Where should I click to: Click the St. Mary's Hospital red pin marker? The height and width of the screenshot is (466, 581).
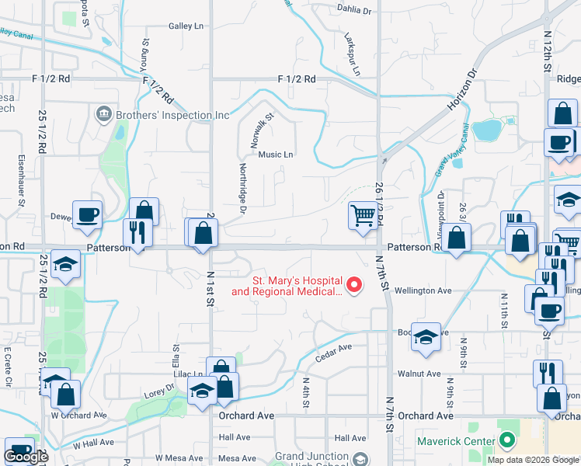(x=354, y=285)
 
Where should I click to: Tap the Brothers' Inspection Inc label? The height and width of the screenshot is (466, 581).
(x=173, y=116)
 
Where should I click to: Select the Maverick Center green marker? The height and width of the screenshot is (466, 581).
(x=507, y=441)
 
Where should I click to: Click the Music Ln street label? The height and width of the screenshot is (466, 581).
(x=276, y=155)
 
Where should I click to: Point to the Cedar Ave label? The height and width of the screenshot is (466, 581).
(x=334, y=352)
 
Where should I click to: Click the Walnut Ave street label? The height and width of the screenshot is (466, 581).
(x=419, y=374)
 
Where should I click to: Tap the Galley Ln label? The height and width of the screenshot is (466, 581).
(x=186, y=26)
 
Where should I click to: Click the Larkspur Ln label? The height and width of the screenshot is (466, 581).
(x=351, y=54)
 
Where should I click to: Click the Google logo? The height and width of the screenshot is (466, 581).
(x=26, y=457)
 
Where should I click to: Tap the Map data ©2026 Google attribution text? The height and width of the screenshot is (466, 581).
(x=533, y=460)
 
